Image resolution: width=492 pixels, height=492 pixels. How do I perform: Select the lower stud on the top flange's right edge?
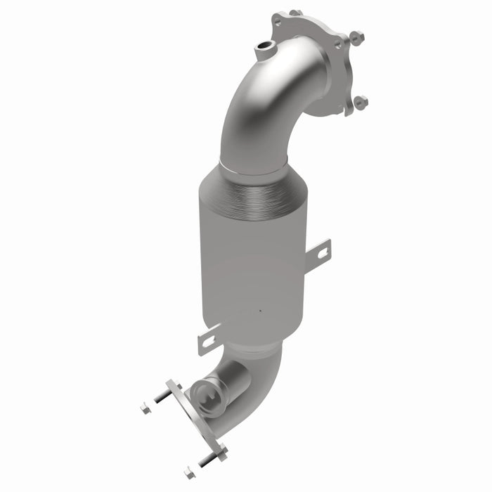(361, 103)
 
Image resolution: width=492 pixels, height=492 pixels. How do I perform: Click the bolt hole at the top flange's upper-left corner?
(278, 22)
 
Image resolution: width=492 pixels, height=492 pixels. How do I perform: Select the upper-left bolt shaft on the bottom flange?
(164, 396)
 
